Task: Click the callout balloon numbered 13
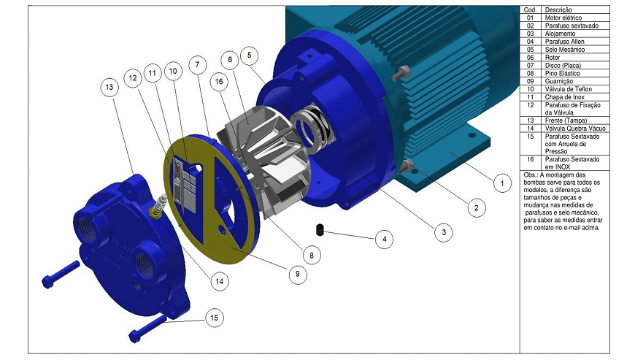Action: tap(109, 87)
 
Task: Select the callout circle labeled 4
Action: tap(384, 240)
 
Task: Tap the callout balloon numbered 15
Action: tap(215, 318)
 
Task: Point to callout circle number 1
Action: tap(502, 183)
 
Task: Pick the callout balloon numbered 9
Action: tap(298, 274)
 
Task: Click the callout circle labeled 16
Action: tap(219, 82)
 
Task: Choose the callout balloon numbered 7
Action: tap(198, 65)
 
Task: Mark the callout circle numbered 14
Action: tap(219, 281)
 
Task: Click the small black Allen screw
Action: tap(320, 230)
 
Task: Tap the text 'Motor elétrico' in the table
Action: tap(563, 18)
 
